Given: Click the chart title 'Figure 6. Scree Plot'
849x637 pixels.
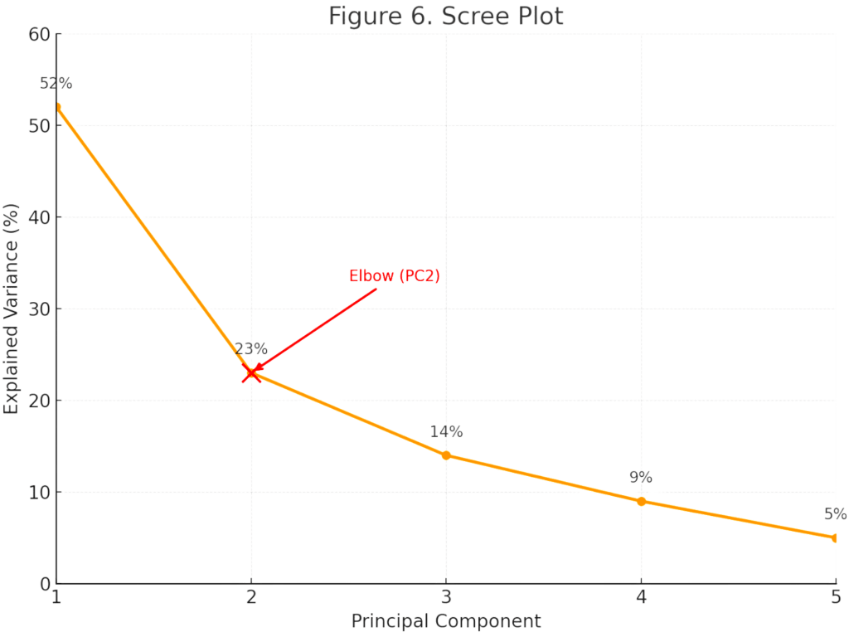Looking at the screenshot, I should tap(446, 16).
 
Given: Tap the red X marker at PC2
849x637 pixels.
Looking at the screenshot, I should tap(251, 373).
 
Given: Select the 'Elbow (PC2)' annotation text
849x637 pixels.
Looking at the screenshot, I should tap(394, 276).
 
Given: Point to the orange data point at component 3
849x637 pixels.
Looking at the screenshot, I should tap(446, 455).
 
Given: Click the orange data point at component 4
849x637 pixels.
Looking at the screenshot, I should tap(641, 501).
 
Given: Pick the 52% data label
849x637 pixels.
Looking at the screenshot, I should tap(56, 84).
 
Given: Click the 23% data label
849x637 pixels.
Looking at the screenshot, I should tap(251, 348).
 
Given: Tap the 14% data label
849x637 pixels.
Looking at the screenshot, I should tap(446, 431).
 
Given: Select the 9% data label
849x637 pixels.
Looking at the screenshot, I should tap(641, 477).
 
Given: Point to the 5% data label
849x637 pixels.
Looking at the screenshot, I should tap(835, 513).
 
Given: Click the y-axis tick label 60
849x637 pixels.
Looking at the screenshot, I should tap(40, 34).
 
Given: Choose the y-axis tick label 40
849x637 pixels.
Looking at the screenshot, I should tap(40, 217).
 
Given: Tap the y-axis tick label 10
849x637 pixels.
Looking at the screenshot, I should tap(40, 492).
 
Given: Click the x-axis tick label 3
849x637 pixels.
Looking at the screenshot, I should tap(446, 597).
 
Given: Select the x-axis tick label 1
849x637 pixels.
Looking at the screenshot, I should tap(56, 597).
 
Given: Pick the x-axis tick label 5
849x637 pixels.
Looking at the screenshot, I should tap(836, 597).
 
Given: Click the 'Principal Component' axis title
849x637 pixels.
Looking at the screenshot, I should tap(446, 620).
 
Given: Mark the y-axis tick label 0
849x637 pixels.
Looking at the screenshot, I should tap(46, 584).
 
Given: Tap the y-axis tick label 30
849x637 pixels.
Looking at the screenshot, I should tap(40, 309).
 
